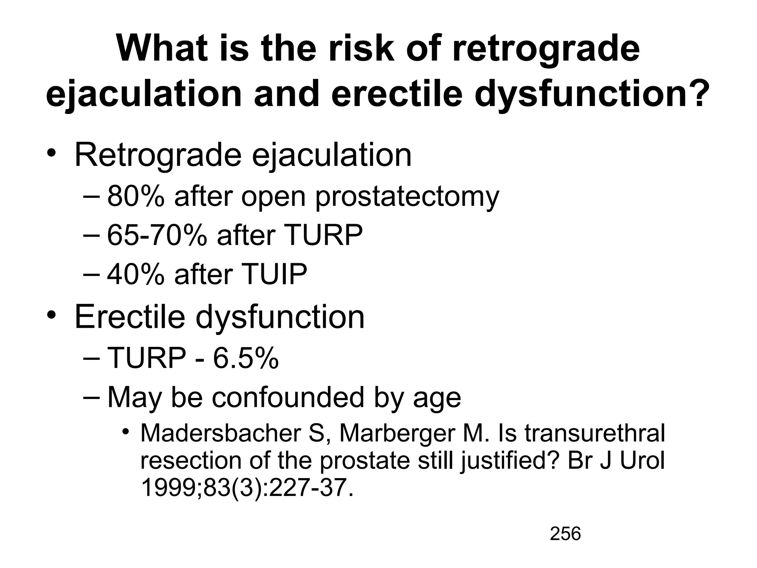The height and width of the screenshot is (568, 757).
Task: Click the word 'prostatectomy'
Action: (407, 197)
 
